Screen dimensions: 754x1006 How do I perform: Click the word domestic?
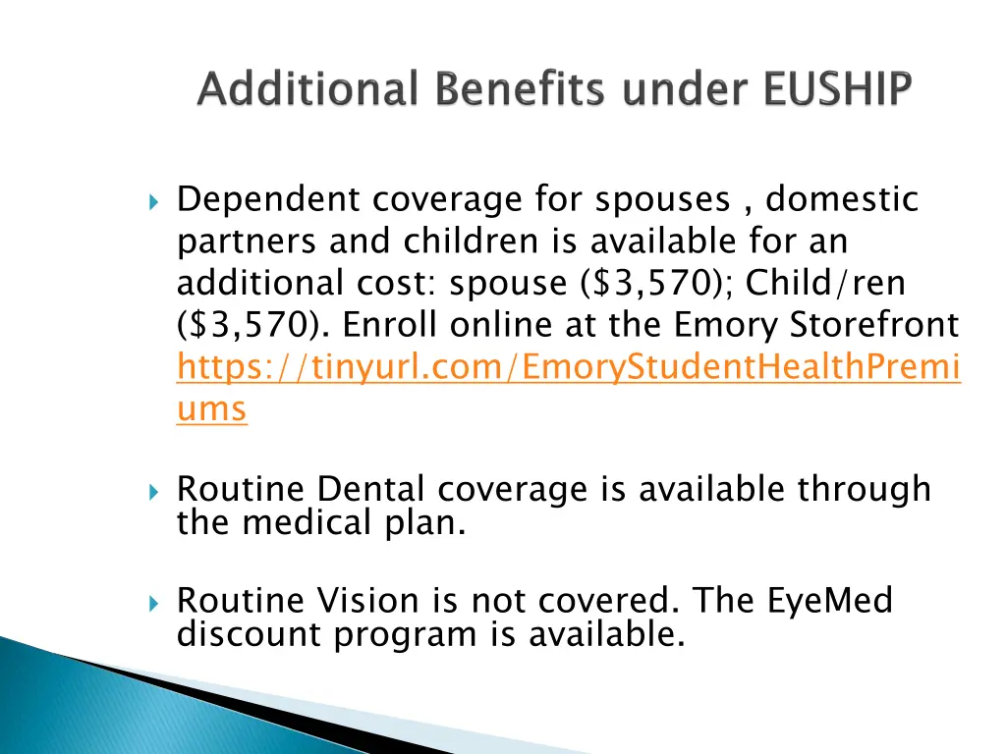[842, 200]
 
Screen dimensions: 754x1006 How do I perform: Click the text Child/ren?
[825, 284]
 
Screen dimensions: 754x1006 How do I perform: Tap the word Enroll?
[389, 325]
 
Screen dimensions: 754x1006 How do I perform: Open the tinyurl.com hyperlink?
[569, 367]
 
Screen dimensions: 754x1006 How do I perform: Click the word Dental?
[372, 489]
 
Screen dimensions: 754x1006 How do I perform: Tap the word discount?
[250, 634]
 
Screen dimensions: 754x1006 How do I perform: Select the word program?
[406, 634]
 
